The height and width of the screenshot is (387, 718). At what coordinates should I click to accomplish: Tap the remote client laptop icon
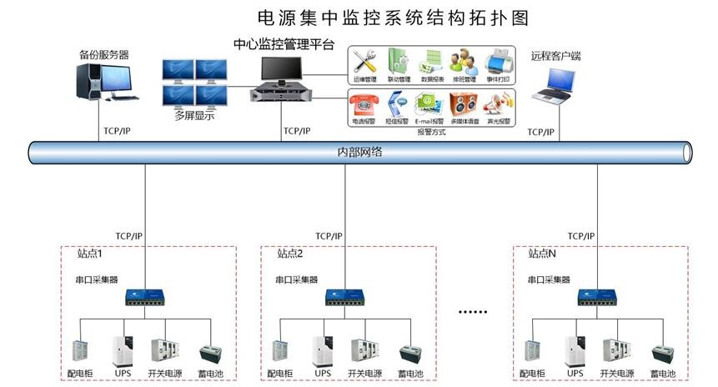(553, 87)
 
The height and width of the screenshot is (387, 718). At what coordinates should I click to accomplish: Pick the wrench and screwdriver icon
(364, 61)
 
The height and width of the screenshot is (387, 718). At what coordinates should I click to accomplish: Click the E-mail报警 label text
(429, 121)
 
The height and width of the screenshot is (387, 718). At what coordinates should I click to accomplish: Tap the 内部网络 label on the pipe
(359, 153)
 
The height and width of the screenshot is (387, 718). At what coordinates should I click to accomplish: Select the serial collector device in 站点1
(145, 297)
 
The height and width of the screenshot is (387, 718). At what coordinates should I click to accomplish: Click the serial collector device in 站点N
(598, 297)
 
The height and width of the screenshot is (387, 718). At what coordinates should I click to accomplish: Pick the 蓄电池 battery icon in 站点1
(210, 353)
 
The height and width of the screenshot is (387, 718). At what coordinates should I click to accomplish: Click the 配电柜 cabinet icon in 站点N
(532, 352)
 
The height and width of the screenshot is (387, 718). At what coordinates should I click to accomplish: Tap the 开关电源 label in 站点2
(364, 373)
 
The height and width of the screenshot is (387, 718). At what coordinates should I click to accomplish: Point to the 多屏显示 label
(193, 116)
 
